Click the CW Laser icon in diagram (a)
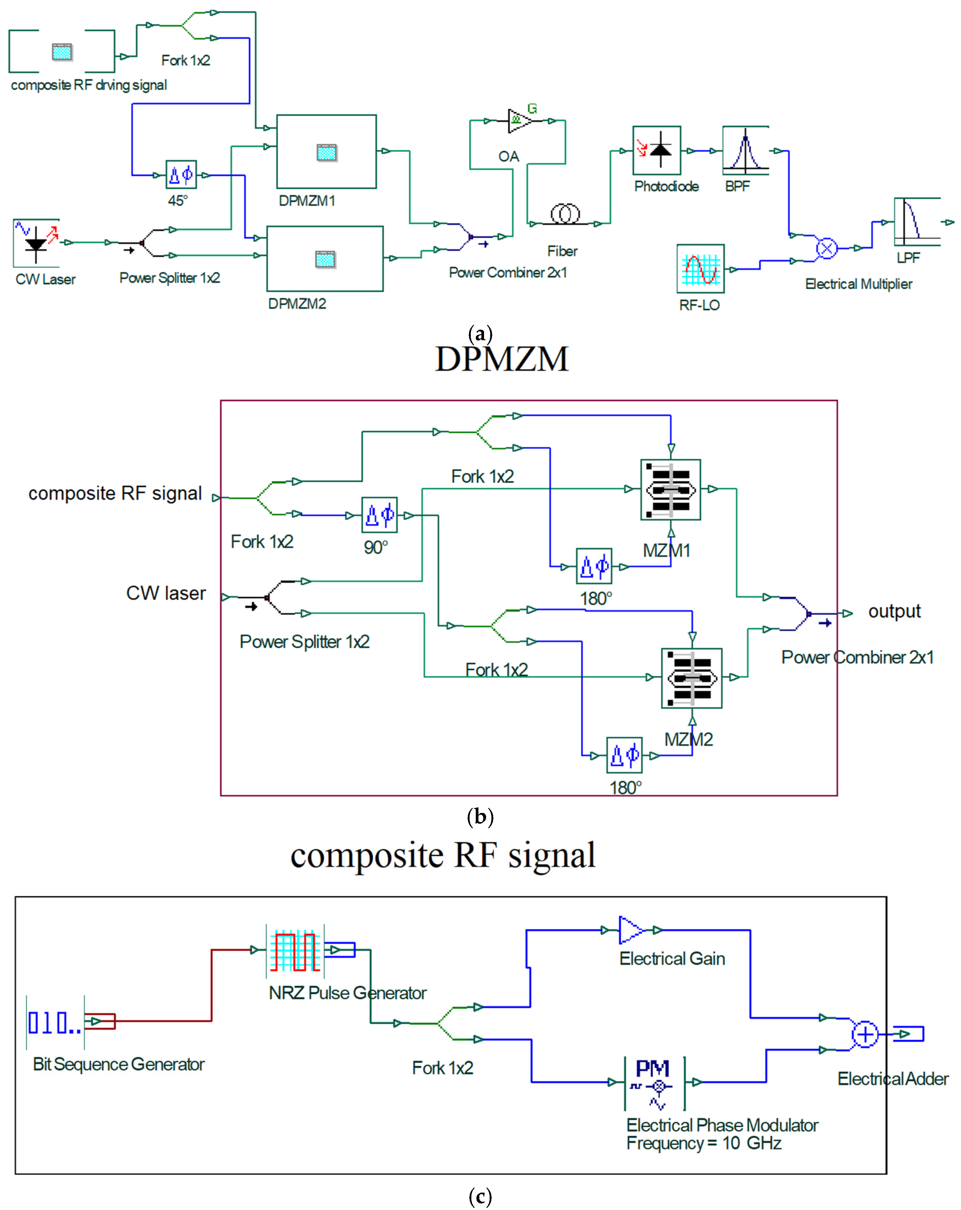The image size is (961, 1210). pyautogui.click(x=36, y=242)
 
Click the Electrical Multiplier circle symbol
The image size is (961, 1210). pyautogui.click(x=826, y=248)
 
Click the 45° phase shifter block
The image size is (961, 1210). pyautogui.click(x=181, y=175)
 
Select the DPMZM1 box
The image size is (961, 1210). pyautogui.click(x=326, y=151)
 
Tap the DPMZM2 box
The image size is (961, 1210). pyautogui.click(x=325, y=259)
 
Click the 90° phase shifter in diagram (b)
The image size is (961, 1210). pyautogui.click(x=379, y=515)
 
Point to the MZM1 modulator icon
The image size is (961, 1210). pyautogui.click(x=670, y=489)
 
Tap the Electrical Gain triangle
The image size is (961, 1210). pyautogui.click(x=631, y=930)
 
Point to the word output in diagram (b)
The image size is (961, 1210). pyautogui.click(x=894, y=611)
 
